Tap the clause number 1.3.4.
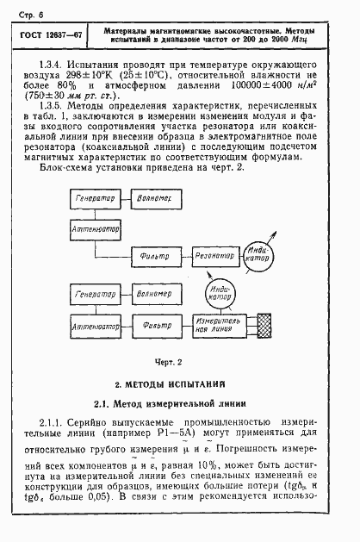[x=54, y=65]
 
